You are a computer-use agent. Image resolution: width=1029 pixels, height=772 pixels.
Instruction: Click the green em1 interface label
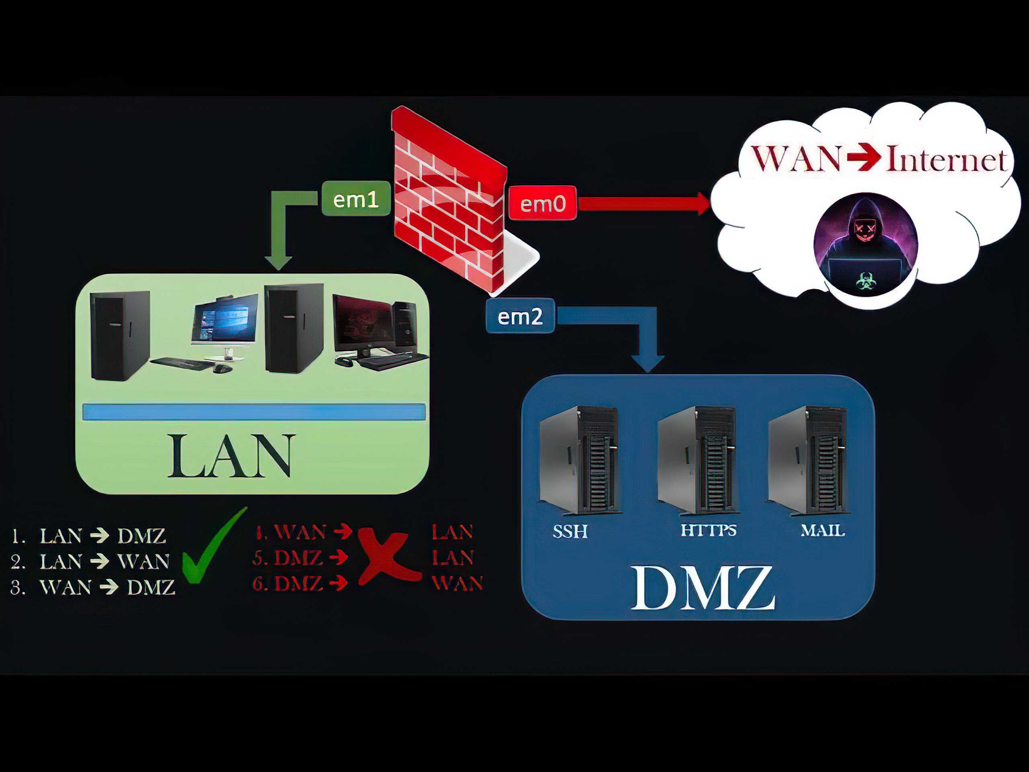(356, 199)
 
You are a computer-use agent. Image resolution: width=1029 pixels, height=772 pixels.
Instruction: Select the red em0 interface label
(542, 203)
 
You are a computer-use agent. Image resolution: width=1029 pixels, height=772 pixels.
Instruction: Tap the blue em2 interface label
(520, 316)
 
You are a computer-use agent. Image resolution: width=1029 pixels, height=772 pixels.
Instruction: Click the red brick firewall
(449, 200)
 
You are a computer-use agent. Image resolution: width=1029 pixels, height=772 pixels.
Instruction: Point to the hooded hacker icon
(865, 244)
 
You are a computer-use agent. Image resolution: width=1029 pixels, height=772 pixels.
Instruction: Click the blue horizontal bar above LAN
(254, 412)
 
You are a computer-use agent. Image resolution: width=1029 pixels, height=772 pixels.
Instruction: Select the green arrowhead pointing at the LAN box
(278, 263)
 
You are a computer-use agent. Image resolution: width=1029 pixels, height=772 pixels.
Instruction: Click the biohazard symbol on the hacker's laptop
(865, 281)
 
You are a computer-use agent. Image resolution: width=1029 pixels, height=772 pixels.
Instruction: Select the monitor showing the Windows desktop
(225, 321)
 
